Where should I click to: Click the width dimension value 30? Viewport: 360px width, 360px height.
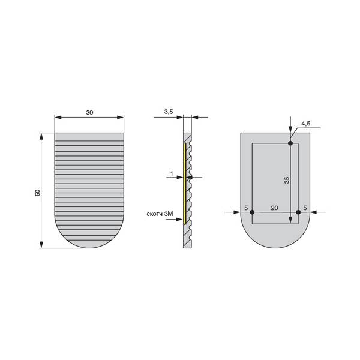89,113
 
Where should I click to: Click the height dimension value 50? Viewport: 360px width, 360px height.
37,193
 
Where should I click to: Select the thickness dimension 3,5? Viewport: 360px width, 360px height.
169,112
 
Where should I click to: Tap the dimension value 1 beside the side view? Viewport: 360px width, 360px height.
172,173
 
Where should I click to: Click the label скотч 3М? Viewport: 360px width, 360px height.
160,214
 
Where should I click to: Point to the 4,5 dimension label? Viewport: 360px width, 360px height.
306,124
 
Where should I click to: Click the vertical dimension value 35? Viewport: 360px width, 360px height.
287,180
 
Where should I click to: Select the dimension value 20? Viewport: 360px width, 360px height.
274,208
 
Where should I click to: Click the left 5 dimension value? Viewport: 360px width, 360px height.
246,208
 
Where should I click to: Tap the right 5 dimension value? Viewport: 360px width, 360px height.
305,208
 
